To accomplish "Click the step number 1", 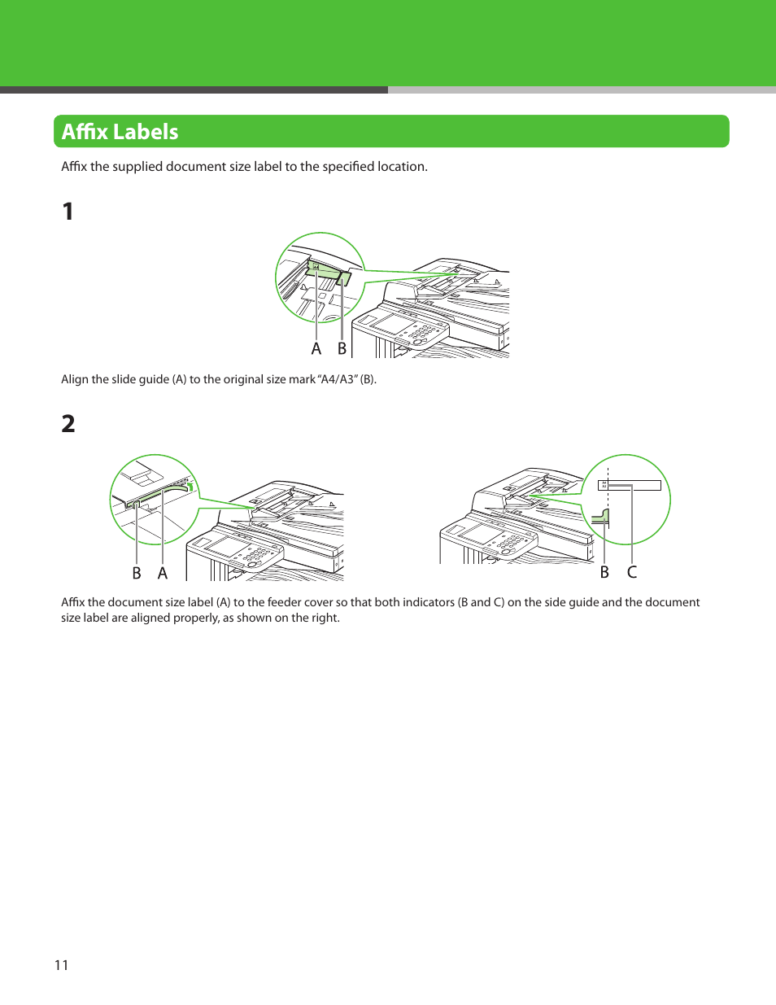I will pos(68,212).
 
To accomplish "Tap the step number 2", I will pos(68,424).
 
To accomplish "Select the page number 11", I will pos(61,965).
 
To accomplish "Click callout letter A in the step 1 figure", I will pos(316,349).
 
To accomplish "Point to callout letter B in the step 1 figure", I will pos(342,349).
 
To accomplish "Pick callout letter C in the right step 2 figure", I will pos(632,573).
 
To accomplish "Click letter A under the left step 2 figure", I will pos(163,574).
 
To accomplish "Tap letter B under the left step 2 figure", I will pos(137,574).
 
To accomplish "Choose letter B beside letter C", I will pos(604,573).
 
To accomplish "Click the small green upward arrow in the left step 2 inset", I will pos(190,487).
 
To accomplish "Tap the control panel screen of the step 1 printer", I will pos(395,323).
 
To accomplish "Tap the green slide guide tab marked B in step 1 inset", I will pos(344,278).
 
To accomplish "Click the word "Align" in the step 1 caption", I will pos(75,379).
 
